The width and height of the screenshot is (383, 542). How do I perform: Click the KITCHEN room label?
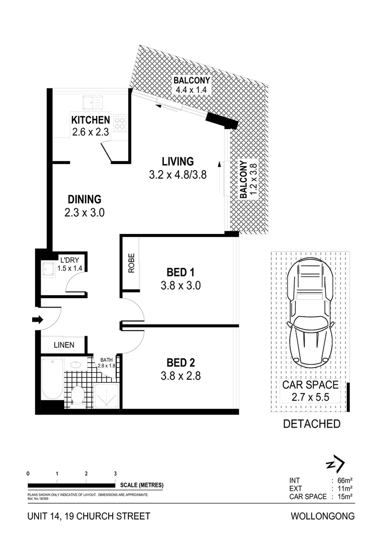coord(90,120)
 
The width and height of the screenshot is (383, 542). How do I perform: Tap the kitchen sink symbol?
coord(92,102)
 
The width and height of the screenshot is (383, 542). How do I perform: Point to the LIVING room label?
coord(177,162)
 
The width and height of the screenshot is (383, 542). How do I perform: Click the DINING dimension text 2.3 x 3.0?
coord(84,213)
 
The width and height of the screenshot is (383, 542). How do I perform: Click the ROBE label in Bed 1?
coord(131,265)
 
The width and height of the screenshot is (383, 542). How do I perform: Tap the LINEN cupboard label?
coord(64,345)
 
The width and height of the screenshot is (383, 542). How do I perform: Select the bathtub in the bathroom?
coord(52,378)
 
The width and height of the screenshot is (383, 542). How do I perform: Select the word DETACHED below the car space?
coord(311,424)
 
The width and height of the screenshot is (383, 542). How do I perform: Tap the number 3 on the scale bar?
coord(115,473)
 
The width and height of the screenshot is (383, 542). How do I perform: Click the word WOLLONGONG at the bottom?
coord(322,516)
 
